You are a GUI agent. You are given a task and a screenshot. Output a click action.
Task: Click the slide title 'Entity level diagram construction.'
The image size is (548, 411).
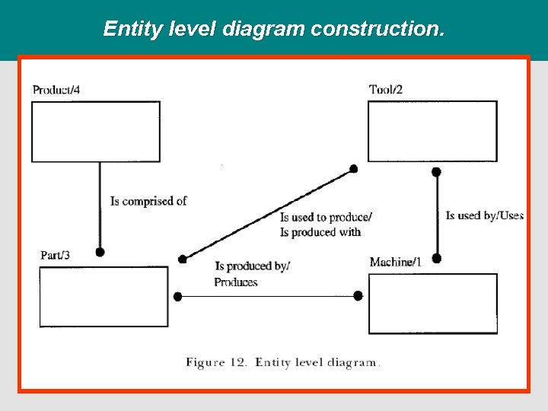(274, 29)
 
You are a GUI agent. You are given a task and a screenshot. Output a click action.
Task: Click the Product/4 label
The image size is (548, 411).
(56, 90)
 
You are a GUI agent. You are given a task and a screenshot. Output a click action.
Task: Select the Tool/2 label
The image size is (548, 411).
(386, 90)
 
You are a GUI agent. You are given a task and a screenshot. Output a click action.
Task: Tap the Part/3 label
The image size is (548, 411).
(56, 255)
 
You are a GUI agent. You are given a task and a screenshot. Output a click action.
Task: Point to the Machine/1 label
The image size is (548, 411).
(395, 262)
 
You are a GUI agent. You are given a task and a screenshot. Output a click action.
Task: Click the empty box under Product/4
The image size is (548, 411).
(96, 132)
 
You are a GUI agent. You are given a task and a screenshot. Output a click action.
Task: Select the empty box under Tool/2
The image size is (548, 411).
(432, 131)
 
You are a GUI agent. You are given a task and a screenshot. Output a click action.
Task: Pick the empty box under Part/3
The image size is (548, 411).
(104, 296)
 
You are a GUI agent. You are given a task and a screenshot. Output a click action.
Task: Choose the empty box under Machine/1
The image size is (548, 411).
(432, 304)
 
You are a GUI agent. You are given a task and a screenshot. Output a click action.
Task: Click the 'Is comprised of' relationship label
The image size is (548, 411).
(148, 201)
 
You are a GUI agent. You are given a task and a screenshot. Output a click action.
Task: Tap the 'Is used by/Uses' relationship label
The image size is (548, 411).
(485, 215)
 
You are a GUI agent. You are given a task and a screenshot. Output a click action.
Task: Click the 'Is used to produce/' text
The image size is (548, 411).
(327, 218)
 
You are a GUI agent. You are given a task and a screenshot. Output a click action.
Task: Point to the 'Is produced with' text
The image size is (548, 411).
(320, 232)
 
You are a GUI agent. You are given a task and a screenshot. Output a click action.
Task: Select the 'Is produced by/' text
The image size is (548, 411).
(253, 266)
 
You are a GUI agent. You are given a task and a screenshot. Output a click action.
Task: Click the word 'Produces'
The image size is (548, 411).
(236, 282)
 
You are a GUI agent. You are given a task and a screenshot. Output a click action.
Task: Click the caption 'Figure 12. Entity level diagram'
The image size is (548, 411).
(281, 362)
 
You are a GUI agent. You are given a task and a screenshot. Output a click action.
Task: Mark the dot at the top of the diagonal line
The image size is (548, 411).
(354, 168)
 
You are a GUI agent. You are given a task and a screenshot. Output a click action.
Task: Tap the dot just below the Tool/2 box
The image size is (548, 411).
(436, 172)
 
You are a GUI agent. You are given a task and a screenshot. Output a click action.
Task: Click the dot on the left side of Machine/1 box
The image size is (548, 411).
(358, 296)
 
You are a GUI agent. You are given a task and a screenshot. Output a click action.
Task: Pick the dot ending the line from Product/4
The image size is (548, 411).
(100, 252)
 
